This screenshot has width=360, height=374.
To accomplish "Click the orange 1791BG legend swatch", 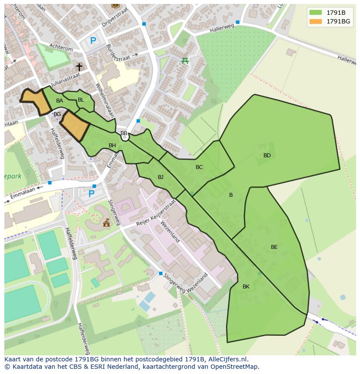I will click(x=316, y=21).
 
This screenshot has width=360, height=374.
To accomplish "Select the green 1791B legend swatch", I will click(x=316, y=13).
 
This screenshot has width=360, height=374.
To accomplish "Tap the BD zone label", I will click(x=267, y=156).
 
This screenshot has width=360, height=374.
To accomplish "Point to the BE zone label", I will click(x=274, y=247).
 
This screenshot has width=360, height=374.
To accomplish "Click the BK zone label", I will click(x=246, y=287).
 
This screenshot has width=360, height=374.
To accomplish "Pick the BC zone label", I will click(x=199, y=167).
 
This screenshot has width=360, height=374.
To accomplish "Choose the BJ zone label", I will click(x=160, y=177).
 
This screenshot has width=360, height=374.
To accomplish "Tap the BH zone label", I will click(x=112, y=146).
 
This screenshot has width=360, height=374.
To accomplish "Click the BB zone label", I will click(x=124, y=133).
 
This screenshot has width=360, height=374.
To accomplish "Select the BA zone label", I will click(x=60, y=101).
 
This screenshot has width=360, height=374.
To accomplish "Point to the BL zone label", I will click(x=81, y=100).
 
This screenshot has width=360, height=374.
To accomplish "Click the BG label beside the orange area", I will click(x=57, y=114).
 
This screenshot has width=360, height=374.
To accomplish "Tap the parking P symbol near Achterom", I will click(x=93, y=41).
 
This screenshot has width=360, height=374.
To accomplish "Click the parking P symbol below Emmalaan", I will click(x=91, y=194).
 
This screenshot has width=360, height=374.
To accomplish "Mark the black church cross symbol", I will click(x=79, y=67).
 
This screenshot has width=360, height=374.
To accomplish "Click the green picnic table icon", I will click(x=185, y=60).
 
